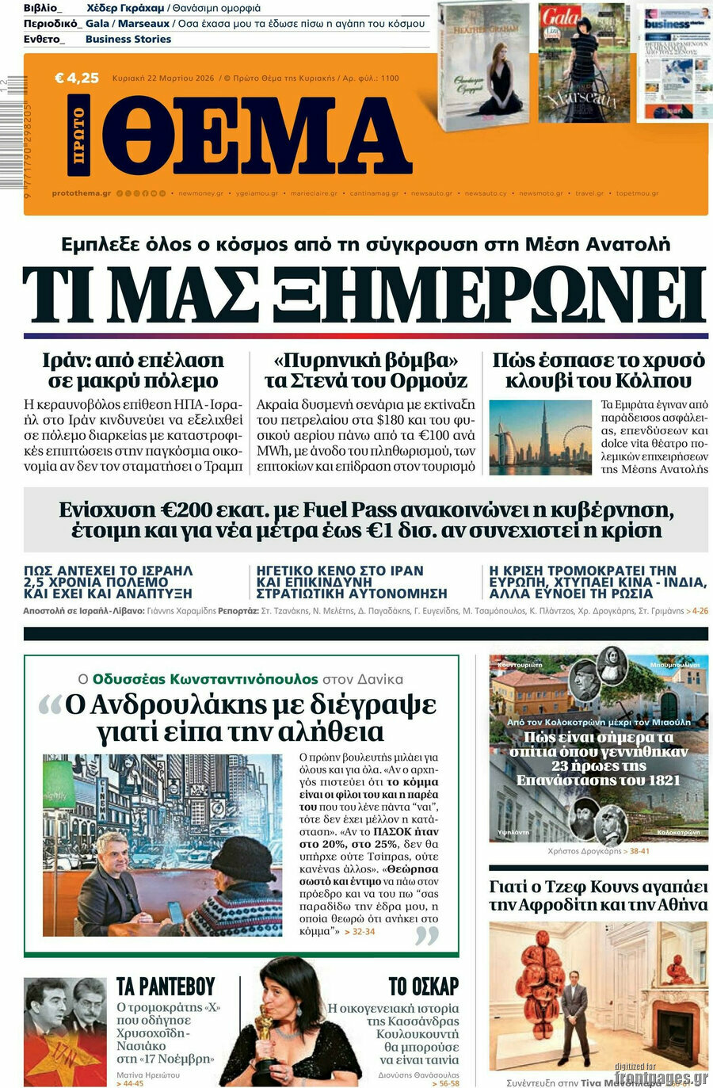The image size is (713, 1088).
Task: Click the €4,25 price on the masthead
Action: coord(77,78)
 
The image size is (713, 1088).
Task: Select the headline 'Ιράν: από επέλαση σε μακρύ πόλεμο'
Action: coord(133,370)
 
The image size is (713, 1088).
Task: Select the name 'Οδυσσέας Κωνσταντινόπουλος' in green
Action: coord(205,679)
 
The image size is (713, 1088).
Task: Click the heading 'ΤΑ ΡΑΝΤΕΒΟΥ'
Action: coord(166,987)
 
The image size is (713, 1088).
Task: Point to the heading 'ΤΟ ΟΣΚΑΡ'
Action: coord(423,987)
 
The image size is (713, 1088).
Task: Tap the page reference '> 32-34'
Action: coord(360,932)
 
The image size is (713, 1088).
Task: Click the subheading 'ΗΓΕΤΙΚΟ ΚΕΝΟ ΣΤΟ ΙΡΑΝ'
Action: coord(340,571)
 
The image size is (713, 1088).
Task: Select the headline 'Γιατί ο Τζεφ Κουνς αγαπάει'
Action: coord(598,887)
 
